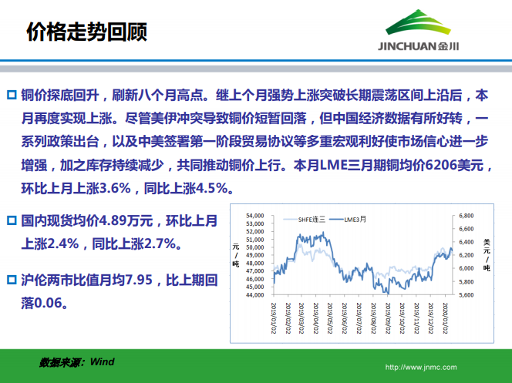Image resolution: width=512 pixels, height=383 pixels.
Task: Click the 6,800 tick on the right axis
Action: coord(468,215)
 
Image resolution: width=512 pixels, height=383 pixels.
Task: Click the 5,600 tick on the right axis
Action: coord(468,294)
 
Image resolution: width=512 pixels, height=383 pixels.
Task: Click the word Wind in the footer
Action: coord(102,361)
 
